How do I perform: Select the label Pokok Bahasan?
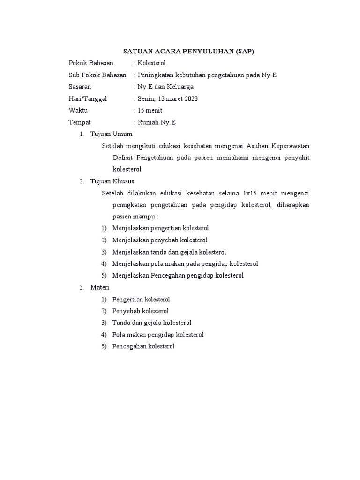[x=91, y=63]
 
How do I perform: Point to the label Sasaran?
[x=80, y=87]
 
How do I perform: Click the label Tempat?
[x=79, y=122]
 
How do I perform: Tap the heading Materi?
[x=99, y=287]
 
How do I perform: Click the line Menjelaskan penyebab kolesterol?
[x=160, y=240]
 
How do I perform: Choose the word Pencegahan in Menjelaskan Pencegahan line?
[x=169, y=276]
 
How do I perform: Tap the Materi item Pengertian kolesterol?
[x=141, y=299]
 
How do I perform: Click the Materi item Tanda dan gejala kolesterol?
[x=152, y=322]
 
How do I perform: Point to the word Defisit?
[x=123, y=157]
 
